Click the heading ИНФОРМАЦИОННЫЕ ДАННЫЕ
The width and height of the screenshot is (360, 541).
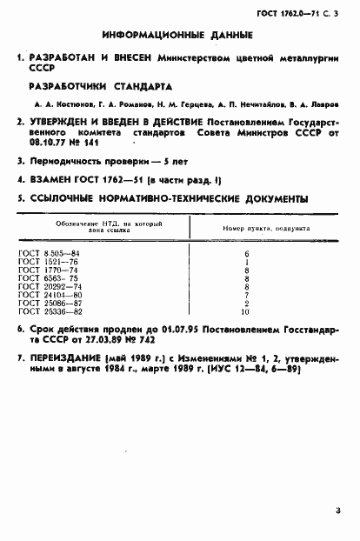pos(177,36)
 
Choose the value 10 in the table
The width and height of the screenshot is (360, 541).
pos(247,311)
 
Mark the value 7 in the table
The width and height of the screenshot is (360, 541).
pos(248,296)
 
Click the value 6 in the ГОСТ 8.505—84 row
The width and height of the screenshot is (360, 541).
pos(248,252)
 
